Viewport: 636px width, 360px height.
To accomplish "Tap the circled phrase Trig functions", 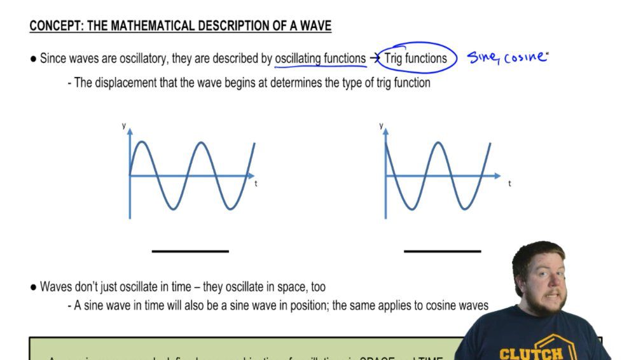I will coord(415,59).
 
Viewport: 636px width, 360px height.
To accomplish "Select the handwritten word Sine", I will coord(483,57).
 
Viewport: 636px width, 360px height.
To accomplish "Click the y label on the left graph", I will coord(123,126).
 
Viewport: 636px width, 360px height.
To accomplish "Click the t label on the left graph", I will coord(256,183).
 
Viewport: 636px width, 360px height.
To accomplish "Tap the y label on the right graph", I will coord(380,126).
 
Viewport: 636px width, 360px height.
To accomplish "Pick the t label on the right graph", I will coord(509,183).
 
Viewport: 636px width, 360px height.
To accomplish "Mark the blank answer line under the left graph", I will coord(190,251).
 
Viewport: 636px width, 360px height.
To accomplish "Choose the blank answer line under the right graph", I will coord(443,251).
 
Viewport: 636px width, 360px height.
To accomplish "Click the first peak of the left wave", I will coord(146,142).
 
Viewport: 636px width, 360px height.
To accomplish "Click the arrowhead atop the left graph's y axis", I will coord(130,132).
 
